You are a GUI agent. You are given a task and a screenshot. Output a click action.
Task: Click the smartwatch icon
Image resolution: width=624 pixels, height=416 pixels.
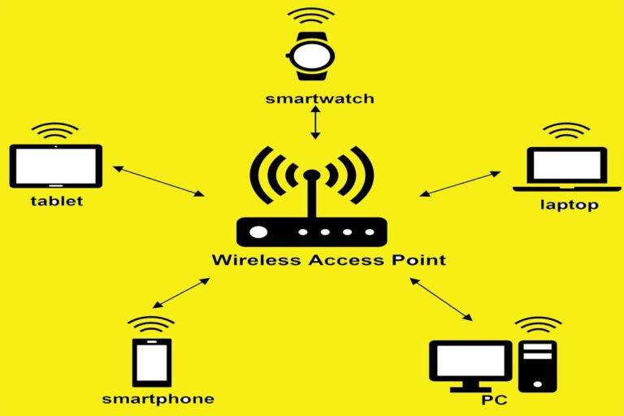pos(311,57)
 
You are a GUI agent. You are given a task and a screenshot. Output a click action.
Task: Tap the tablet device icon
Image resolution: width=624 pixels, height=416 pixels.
pos(56,166)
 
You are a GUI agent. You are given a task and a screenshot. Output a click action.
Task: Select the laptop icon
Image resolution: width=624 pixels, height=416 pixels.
pos(566,169)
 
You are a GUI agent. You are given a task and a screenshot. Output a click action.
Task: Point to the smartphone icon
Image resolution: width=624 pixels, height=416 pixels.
pos(152,362)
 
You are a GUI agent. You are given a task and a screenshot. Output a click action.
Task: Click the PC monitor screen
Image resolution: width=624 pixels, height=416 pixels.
pos(470,361)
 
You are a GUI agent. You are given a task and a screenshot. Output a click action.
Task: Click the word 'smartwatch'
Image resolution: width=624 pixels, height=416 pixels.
pos(320,98)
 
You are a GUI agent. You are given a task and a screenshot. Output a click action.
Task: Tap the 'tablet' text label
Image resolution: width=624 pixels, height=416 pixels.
pos(57,201)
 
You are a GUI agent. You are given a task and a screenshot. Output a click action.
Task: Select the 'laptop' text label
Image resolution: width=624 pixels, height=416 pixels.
pos(570,205)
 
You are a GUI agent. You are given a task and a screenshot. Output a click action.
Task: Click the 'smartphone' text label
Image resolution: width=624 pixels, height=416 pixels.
pos(158,399)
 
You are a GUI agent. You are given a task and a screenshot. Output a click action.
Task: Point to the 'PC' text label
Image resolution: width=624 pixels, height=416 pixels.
pos(495,400)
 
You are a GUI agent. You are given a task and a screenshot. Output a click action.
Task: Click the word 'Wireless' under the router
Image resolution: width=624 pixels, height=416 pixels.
pos(257,260)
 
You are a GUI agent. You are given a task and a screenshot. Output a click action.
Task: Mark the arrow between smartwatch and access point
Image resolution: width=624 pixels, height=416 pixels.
pos(315,123)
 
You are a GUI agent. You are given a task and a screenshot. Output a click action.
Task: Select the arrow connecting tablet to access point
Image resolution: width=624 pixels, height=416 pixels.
pos(158,181)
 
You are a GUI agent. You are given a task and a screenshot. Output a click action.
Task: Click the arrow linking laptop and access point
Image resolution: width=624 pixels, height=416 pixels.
pos(460,184)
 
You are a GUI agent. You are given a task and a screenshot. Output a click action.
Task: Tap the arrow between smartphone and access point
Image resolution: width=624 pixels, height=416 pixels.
pos(181,293)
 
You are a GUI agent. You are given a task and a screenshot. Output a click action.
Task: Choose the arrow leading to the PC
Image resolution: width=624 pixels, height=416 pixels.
pos(441,299)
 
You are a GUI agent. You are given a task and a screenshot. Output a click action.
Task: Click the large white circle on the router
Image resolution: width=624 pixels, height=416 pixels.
pos(258,232)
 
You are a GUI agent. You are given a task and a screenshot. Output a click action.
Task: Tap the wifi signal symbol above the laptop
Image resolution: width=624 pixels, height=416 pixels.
pos(566,130)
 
